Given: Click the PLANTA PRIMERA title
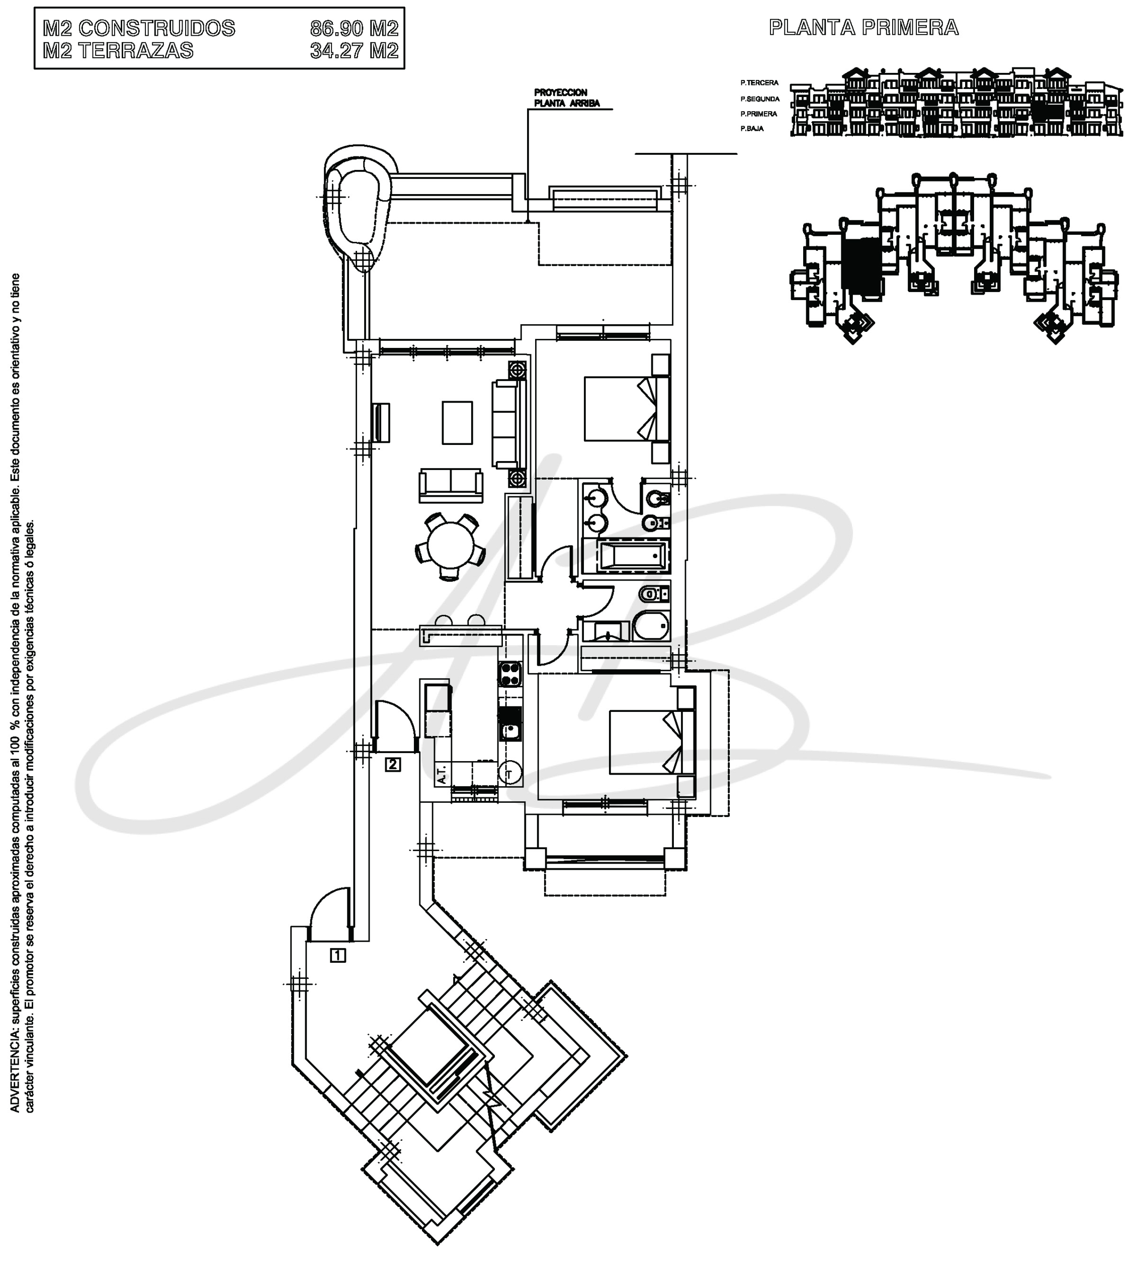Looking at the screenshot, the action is pos(863,28).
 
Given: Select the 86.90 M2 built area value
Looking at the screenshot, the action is pos(355,28).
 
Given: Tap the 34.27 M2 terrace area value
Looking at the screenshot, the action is pos(355,50).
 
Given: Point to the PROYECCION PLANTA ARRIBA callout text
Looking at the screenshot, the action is pos(567,98).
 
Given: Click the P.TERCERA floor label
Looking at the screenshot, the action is pos(760,82).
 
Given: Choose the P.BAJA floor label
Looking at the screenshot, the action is pos(752,128).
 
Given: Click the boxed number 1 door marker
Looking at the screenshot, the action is pos(338,955).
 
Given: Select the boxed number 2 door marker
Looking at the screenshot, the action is pos(393,765).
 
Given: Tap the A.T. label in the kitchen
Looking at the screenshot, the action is pos(441,774).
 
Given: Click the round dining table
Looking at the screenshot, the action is pos(450,545).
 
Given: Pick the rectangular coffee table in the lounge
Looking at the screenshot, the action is pos(457,423).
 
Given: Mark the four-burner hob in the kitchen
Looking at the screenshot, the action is pos(510,674).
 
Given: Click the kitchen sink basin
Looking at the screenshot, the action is pos(510,730).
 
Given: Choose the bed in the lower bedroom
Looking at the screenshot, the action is pos(652,743).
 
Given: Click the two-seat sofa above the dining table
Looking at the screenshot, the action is pos(451,485).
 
